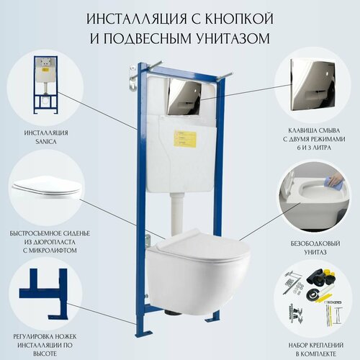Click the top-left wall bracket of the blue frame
point(136,71)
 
